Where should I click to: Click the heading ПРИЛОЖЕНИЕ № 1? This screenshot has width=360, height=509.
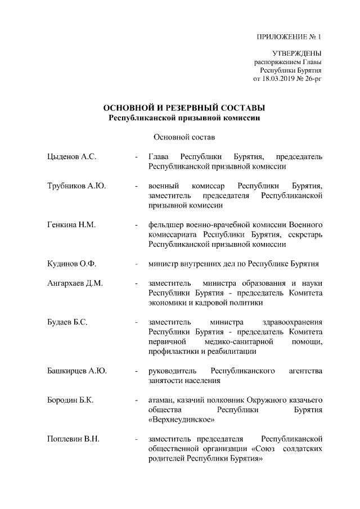289,38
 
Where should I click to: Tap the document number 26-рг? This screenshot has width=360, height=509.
313,79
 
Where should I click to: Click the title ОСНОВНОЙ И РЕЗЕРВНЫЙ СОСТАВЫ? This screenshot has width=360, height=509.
184,108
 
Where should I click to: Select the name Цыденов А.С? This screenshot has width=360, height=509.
72,156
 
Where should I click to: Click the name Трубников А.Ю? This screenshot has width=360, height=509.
76,186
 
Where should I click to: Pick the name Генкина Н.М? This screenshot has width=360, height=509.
71,225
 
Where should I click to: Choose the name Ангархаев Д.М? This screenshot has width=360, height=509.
75,283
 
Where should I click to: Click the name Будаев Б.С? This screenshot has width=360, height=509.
67,322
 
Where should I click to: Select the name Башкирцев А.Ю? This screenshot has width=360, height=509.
77,371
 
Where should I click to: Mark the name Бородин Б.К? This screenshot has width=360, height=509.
70,400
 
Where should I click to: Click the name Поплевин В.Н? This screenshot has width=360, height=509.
74,439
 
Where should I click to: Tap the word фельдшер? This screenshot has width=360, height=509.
166,225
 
